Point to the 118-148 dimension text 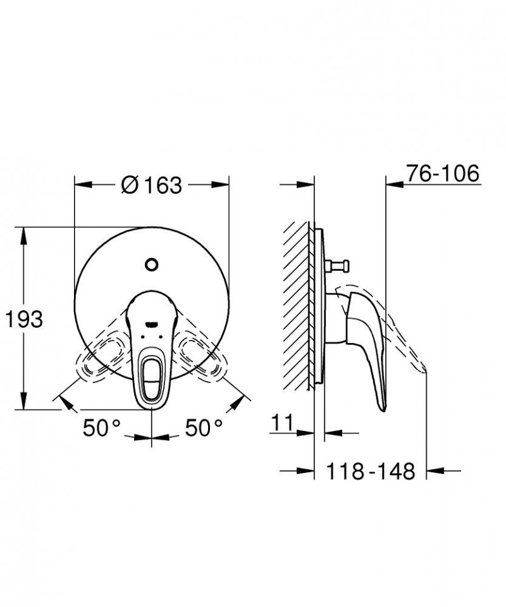tap(371, 471)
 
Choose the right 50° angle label tap(204, 428)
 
